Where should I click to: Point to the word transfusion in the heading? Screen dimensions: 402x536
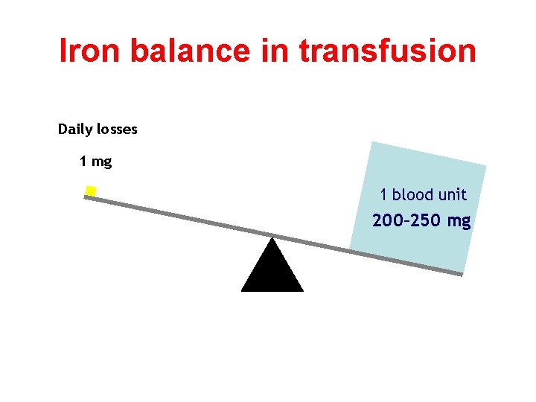click(x=386, y=51)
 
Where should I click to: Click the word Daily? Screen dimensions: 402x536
click(x=77, y=130)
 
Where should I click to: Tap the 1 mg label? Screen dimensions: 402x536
click(x=95, y=161)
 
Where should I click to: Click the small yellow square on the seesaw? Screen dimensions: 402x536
click(x=91, y=191)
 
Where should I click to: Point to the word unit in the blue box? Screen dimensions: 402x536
click(x=453, y=195)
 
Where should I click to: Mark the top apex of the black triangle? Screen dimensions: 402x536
click(x=272, y=238)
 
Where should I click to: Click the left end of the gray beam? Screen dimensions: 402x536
click(x=86, y=197)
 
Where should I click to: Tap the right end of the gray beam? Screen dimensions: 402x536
click(x=461, y=275)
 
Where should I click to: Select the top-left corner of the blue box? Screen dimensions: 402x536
click(x=371, y=142)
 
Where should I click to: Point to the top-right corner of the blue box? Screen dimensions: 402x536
click(x=485, y=166)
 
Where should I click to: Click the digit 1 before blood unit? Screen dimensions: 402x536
click(x=383, y=195)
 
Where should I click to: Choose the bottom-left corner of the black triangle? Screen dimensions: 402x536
click(x=242, y=290)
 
